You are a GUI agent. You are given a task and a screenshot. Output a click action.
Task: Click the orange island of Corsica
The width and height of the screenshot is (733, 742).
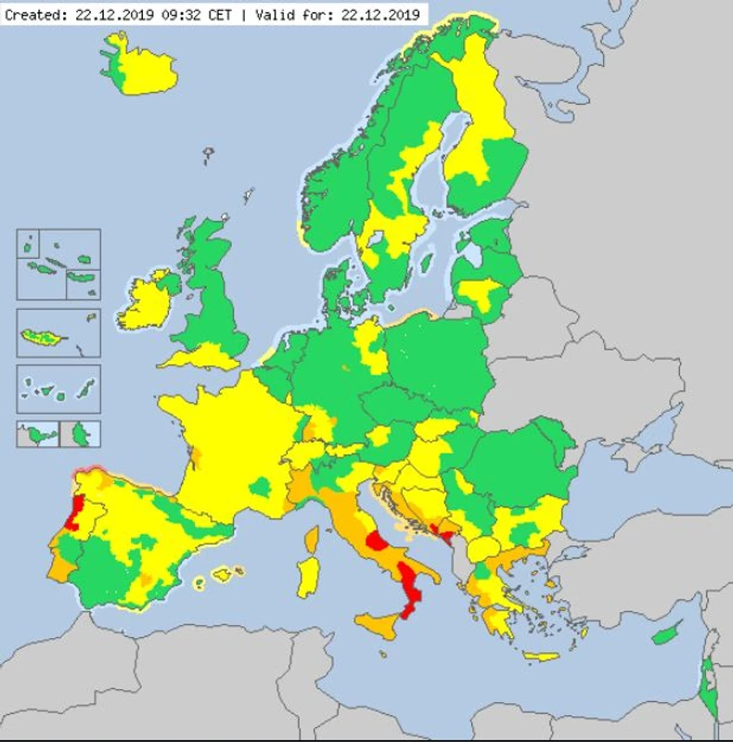tap(313, 538)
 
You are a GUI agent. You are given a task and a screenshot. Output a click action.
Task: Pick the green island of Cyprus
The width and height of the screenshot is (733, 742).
tap(664, 636)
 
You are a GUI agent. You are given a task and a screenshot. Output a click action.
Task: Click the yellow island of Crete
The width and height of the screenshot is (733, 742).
tap(541, 656)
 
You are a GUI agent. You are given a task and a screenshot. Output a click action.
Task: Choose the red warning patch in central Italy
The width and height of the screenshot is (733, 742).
tap(379, 543)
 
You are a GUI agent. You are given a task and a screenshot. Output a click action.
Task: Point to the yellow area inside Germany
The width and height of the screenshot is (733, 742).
tap(372, 349)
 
